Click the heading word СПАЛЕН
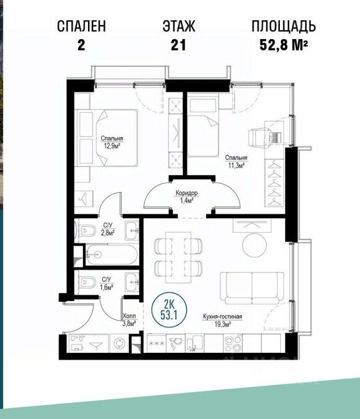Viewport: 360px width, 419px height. coord(81,26)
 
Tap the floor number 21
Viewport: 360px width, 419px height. coord(178,45)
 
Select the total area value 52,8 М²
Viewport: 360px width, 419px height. coord(283,45)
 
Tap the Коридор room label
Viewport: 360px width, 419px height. coord(187,192)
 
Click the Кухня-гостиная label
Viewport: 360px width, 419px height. coord(222,316)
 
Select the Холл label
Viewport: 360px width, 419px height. coord(129,316)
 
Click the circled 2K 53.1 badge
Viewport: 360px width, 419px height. coord(169,310)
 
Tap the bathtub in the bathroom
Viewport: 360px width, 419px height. coord(111,255)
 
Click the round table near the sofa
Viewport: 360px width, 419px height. coord(254,245)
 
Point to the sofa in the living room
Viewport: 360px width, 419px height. coord(252,288)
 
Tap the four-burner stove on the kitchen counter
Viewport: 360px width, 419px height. coord(233,343)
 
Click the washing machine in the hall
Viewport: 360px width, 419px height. coord(119,343)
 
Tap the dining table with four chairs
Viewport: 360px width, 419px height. coord(178,257)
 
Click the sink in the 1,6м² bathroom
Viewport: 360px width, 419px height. coord(132,282)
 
